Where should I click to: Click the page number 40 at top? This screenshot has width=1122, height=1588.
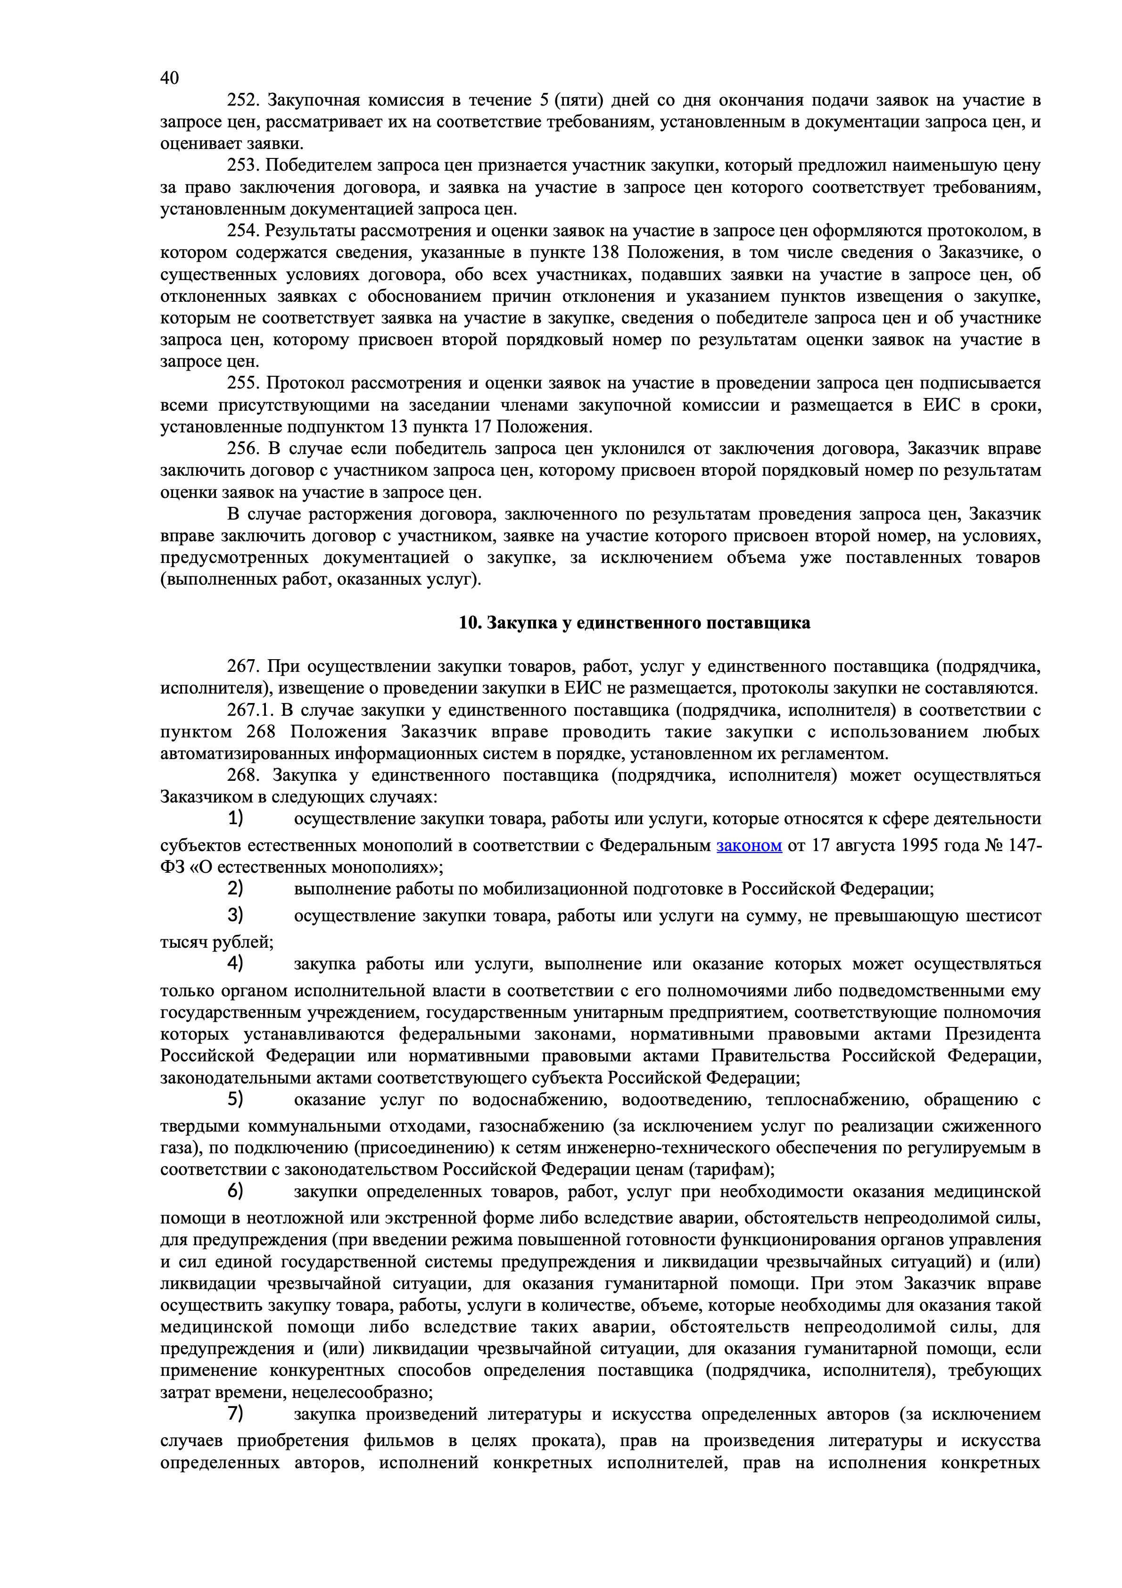pos(169,77)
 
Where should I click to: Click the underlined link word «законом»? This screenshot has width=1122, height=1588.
pos(749,845)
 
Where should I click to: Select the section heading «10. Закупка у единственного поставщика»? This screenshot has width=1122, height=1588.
pos(635,622)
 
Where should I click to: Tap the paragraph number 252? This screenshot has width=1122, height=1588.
pos(243,100)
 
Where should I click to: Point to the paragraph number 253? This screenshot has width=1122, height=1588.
pos(243,165)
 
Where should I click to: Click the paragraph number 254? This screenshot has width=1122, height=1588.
pos(243,231)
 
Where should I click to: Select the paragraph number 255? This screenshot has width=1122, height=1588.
pos(243,383)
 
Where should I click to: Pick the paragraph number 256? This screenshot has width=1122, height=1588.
pos(243,449)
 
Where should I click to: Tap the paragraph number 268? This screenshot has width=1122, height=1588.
pos(243,775)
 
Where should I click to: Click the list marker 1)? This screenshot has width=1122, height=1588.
pos(236,819)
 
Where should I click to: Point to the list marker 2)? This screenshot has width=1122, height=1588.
pos(236,888)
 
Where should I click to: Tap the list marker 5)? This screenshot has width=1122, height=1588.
pos(236,1099)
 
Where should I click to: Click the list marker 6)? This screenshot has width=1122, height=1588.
pos(236,1191)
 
